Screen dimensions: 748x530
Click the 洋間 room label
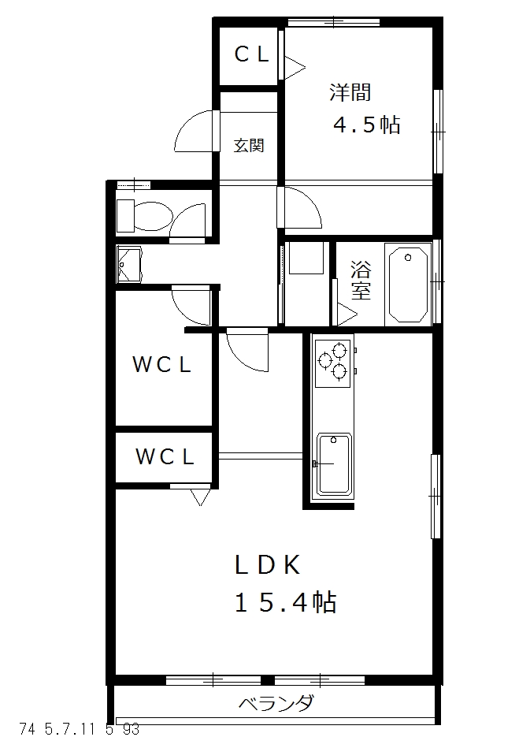[350, 92]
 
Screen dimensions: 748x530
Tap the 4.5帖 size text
[366, 125]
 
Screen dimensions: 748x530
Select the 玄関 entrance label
[248, 146]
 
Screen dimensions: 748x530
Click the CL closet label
[253, 54]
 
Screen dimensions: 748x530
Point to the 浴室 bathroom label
[361, 280]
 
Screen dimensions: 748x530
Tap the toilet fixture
[143, 215]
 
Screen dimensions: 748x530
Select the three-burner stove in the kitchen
[333, 361]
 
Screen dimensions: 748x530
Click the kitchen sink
[334, 464]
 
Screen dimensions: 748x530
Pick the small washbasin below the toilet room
[128, 263]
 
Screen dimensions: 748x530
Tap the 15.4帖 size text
[286, 603]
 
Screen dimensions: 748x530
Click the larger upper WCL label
[161, 365]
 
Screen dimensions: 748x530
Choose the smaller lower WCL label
[164, 456]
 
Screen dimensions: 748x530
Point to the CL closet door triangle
[293, 67]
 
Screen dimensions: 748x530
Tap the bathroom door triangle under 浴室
[346, 313]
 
